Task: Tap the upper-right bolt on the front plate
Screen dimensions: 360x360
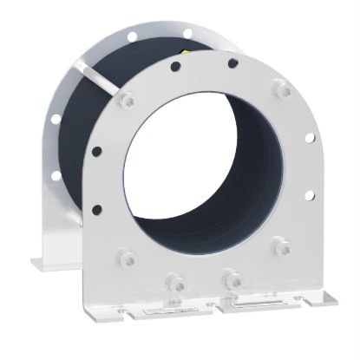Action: [x=280, y=88]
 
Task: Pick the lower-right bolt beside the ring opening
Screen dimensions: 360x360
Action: [x=280, y=247]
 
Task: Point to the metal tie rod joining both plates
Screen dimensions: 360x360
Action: [x=101, y=80]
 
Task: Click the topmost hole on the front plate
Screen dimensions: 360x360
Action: [x=232, y=63]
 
